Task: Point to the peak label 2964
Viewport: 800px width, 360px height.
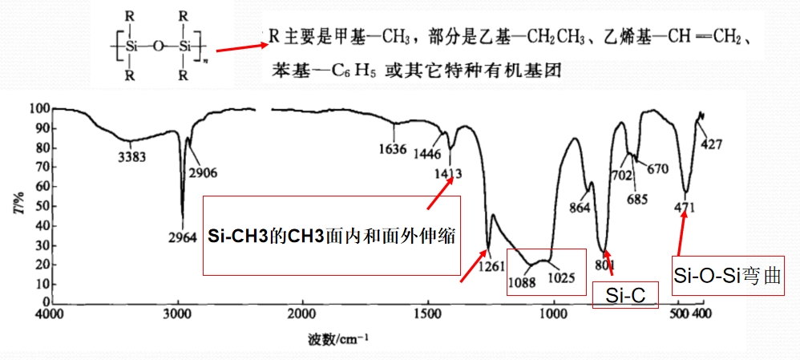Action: click(182, 237)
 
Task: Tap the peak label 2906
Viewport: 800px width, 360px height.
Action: click(203, 173)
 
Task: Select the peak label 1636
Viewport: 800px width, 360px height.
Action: click(393, 150)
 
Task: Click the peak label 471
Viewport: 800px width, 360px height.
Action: click(684, 208)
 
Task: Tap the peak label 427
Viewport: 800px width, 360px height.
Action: click(711, 144)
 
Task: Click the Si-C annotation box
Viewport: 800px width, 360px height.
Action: click(625, 294)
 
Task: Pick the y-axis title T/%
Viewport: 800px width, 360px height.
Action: click(19, 207)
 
